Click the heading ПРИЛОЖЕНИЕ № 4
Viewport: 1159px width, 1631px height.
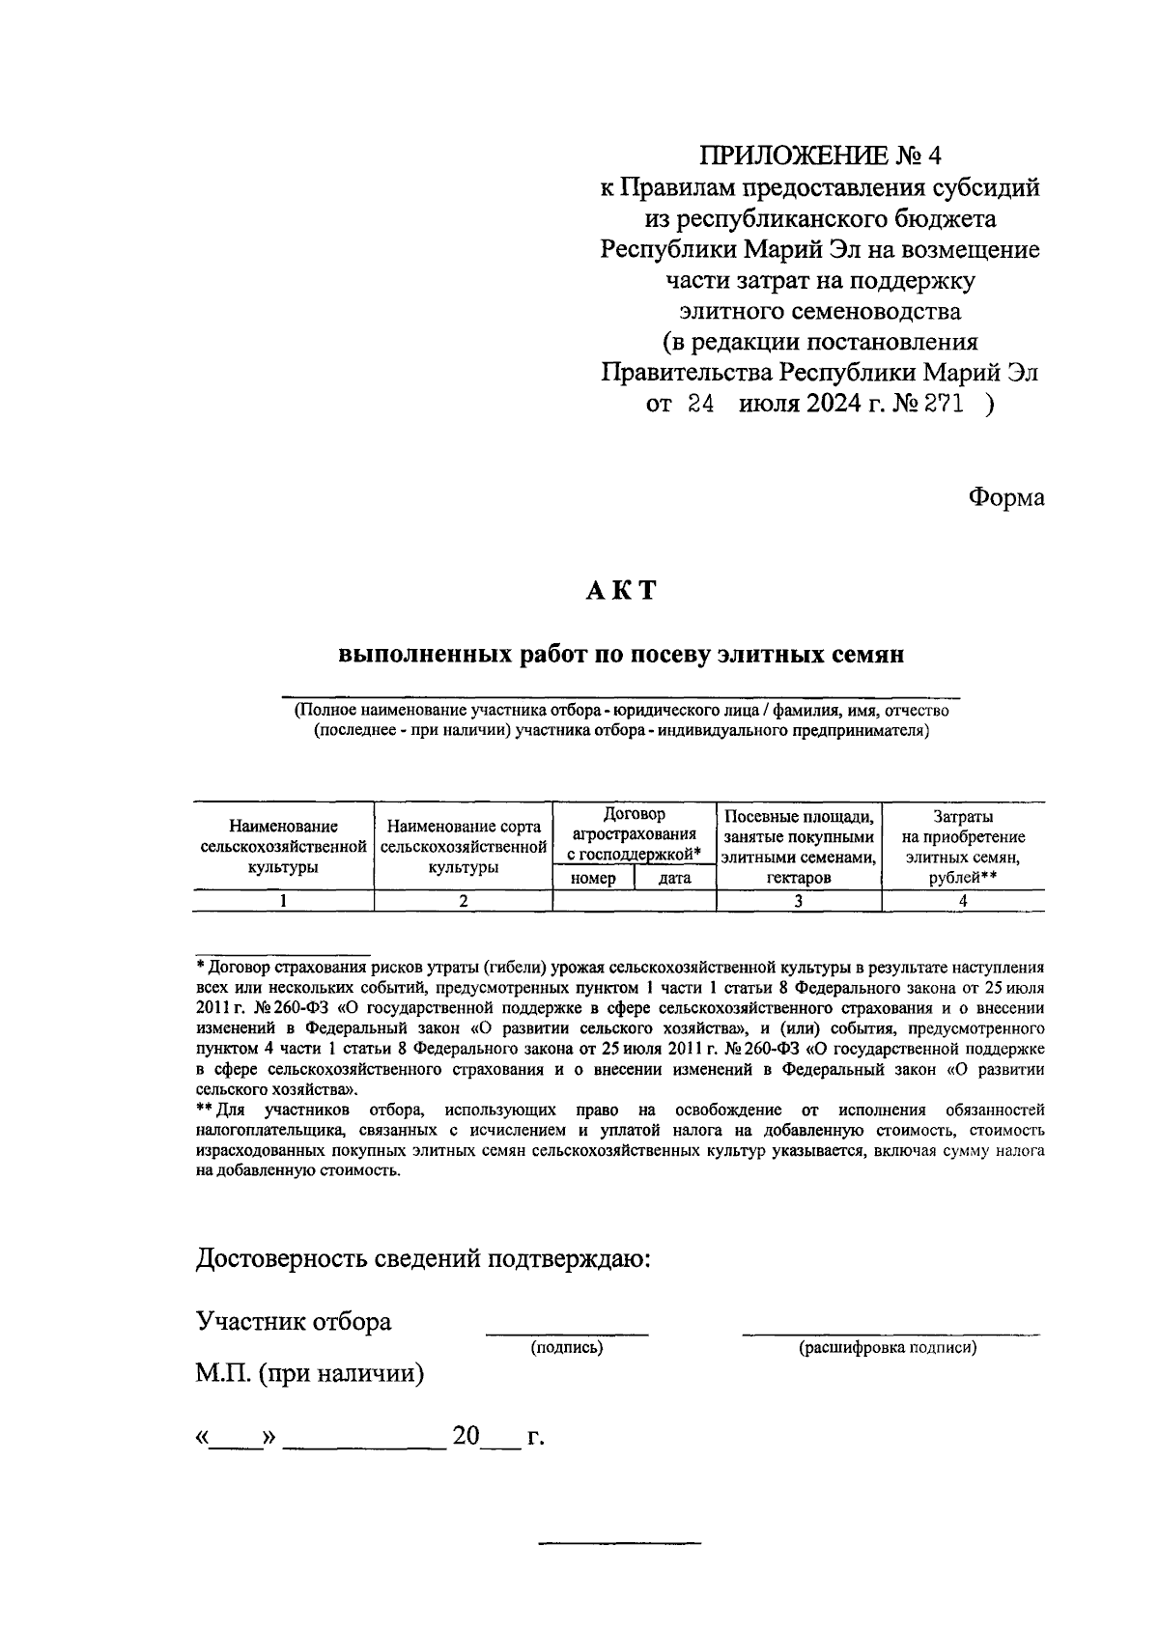coord(820,155)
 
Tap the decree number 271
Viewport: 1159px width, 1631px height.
coord(944,405)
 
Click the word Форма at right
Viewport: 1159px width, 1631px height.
coord(1005,498)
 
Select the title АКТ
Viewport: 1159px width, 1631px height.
coord(620,590)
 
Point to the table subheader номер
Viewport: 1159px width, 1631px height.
coord(593,879)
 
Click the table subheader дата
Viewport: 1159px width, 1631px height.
coord(674,879)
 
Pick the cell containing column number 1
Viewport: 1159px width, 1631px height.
coord(283,901)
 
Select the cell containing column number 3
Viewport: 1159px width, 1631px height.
coord(798,901)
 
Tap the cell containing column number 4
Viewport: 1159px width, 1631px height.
coord(963,901)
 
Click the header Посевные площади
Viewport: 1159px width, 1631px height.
coord(799,817)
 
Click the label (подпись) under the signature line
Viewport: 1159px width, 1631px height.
coord(567,1348)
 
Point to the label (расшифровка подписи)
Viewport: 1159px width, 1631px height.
coord(887,1348)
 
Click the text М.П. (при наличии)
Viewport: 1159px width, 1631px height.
coord(310,1372)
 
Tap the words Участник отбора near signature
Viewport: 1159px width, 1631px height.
coord(294,1321)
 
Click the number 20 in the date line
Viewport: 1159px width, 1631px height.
coord(466,1437)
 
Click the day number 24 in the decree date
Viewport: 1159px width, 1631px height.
coord(700,405)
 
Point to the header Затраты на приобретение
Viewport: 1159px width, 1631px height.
coord(963,827)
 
